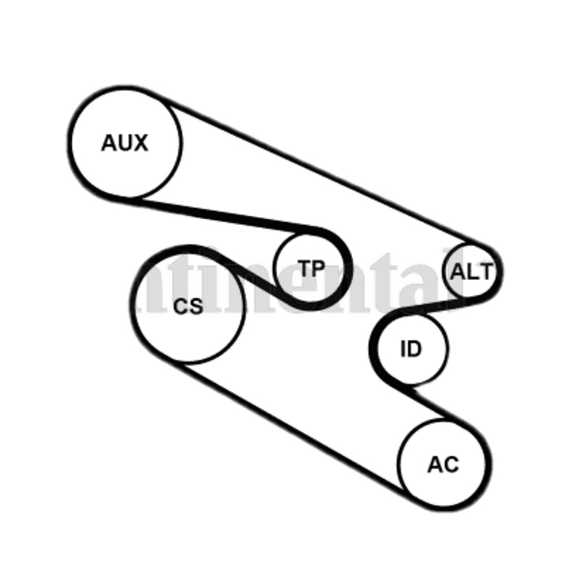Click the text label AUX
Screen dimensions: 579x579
(124, 143)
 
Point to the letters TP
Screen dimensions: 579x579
(312, 269)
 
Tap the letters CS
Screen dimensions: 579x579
(188, 307)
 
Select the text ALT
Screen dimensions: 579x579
(471, 272)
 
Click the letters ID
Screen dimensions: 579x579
(410, 350)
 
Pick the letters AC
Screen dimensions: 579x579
(443, 464)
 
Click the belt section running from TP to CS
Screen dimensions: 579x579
(246, 275)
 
